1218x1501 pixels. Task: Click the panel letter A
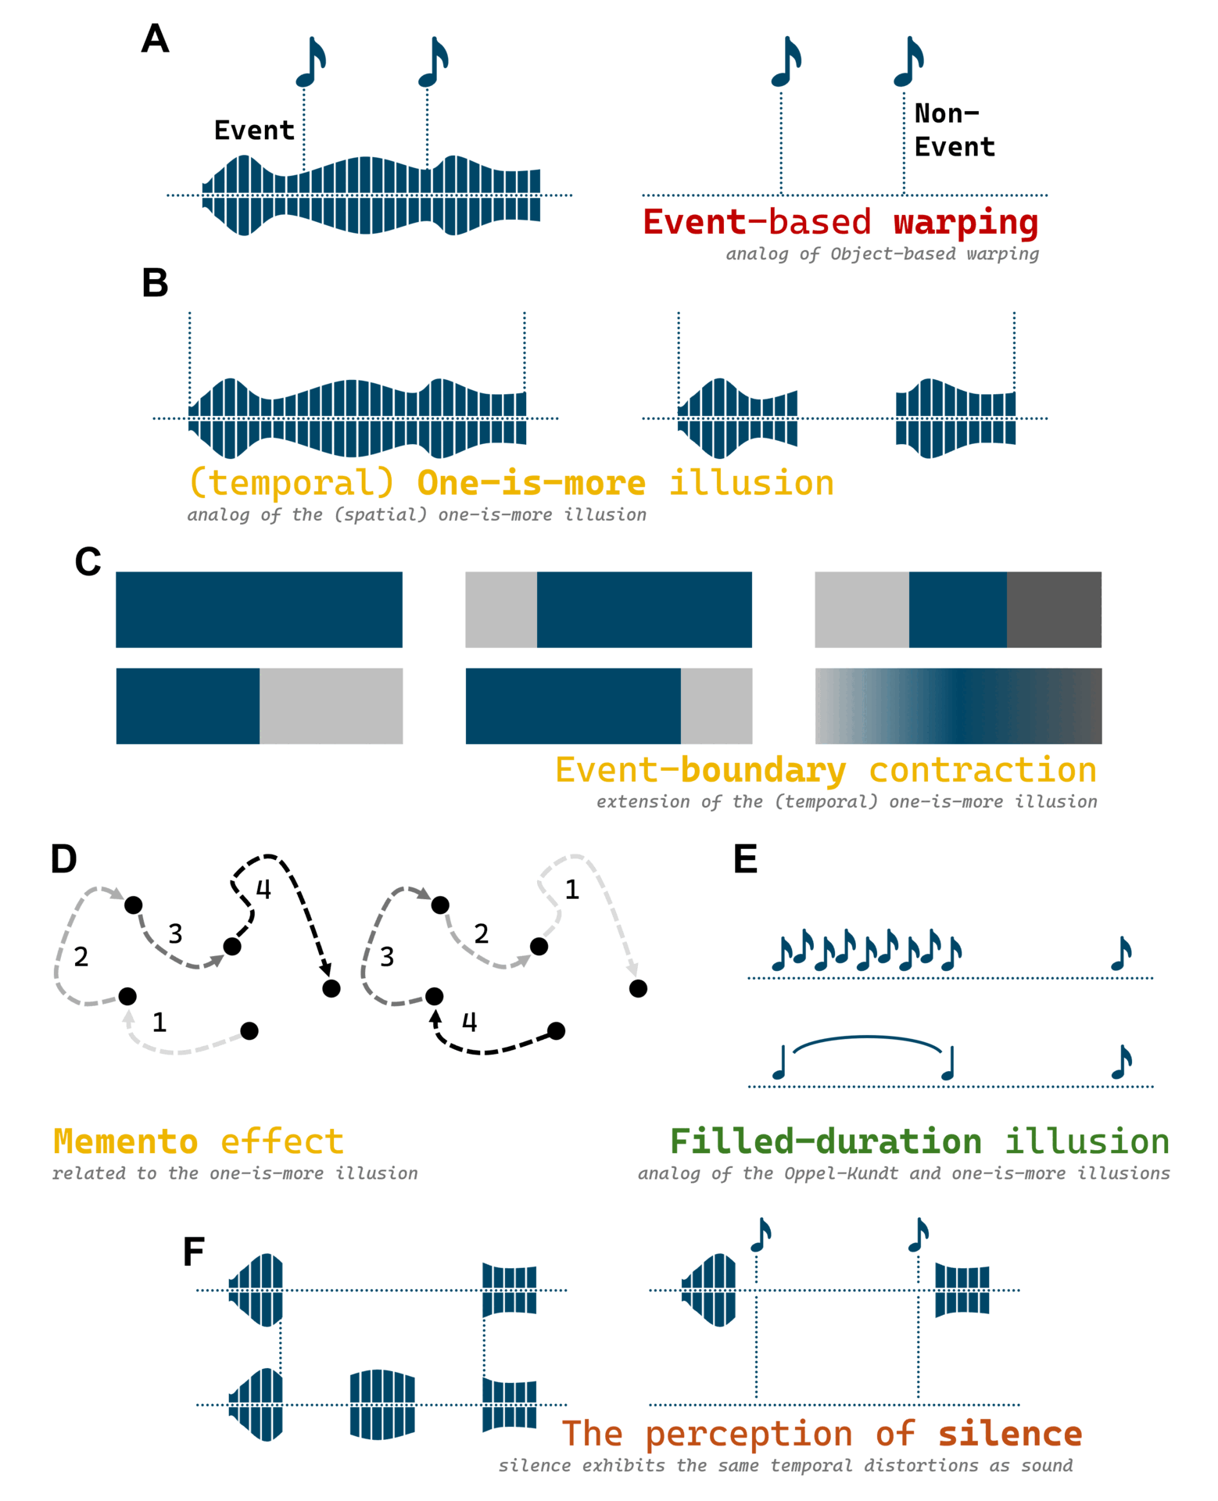click(155, 38)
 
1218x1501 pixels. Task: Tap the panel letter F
click(193, 1252)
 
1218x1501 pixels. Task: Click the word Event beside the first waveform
click(254, 130)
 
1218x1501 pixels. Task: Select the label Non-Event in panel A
click(954, 130)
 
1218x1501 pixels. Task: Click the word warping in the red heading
click(965, 222)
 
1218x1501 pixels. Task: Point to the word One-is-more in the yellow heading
click(532, 483)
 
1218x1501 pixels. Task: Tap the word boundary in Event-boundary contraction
click(763, 770)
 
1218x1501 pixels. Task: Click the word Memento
click(125, 1141)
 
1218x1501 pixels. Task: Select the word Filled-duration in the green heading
click(826, 1141)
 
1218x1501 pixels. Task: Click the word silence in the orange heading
click(1010, 1434)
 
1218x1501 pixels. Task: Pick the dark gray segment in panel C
click(1053, 610)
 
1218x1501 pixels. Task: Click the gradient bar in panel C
click(958, 706)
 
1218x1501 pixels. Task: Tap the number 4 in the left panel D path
click(263, 889)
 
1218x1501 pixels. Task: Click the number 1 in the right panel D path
click(571, 889)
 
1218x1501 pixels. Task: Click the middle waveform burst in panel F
click(382, 1404)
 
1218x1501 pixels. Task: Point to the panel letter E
click(745, 859)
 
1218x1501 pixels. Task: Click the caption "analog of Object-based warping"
click(882, 254)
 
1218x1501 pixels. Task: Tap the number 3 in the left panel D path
click(175, 933)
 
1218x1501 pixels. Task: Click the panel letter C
click(88, 561)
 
